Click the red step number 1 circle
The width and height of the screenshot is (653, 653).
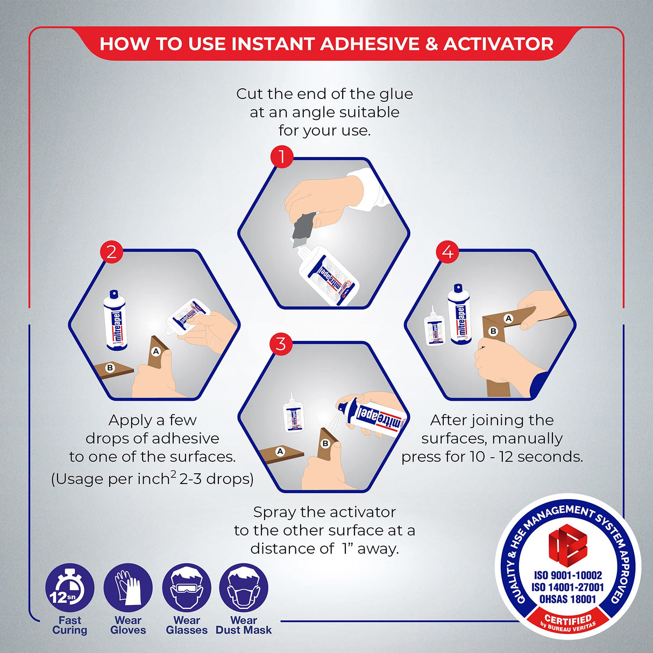[x=281, y=157]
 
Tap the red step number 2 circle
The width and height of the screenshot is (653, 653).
[x=111, y=252]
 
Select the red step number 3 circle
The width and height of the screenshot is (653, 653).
[x=281, y=344]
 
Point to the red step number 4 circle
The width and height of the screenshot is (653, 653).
[x=448, y=252]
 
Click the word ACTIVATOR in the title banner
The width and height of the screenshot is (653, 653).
[x=498, y=44]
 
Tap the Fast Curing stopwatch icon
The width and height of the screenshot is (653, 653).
[x=69, y=588]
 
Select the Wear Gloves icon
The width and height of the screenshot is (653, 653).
[x=128, y=588]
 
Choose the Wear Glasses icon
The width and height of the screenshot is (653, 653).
[x=187, y=588]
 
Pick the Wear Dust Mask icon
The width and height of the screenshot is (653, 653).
[x=244, y=588]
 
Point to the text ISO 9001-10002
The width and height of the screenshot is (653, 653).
[x=567, y=576]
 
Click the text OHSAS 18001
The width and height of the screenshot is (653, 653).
[x=567, y=599]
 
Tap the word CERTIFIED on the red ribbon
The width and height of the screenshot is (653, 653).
[x=568, y=619]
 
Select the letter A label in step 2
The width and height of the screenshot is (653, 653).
[x=156, y=351]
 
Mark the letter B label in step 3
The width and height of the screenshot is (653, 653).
[x=325, y=443]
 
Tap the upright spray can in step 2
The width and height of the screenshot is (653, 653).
[x=115, y=321]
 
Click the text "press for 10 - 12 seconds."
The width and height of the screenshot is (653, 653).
[x=492, y=457]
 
